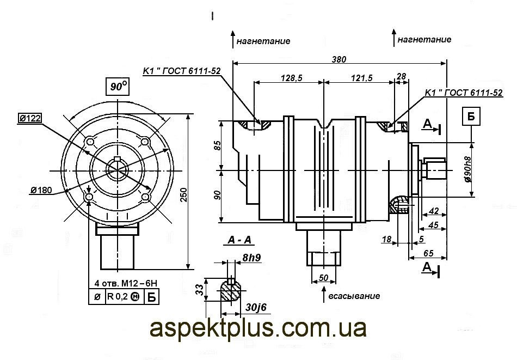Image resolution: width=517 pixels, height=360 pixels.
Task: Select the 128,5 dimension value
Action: (291, 78)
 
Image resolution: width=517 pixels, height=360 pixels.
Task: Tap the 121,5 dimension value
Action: (361, 78)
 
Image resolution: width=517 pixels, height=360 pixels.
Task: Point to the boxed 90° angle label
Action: (118, 87)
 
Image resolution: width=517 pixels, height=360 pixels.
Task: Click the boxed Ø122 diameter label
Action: (30, 118)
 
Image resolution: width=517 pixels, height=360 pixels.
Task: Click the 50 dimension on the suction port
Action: (323, 278)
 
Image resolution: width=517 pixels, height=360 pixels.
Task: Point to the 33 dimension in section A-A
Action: (200, 288)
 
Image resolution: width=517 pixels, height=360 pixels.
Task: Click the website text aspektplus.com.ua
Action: (258, 328)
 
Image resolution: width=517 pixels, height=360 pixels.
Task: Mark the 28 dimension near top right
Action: (402, 76)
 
